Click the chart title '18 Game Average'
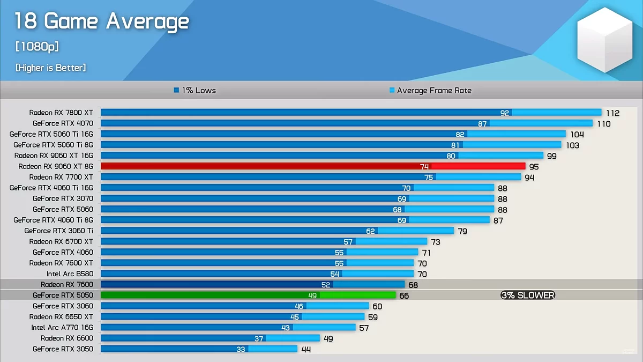[102, 21]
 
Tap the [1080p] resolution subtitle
[37, 47]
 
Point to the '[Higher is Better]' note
[50, 68]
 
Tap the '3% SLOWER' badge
[528, 295]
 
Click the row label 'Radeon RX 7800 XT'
[61, 113]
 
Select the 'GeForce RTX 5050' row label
[63, 295]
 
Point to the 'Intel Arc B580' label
[70, 274]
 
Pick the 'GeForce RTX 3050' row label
[63, 349]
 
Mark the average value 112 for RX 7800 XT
[612, 113]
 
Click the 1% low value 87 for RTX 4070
[483, 124]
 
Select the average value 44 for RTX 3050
[305, 349]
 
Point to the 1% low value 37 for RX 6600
[259, 338]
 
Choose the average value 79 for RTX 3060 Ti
[462, 231]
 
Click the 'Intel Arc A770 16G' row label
[62, 327]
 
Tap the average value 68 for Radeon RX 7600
[413, 285]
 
